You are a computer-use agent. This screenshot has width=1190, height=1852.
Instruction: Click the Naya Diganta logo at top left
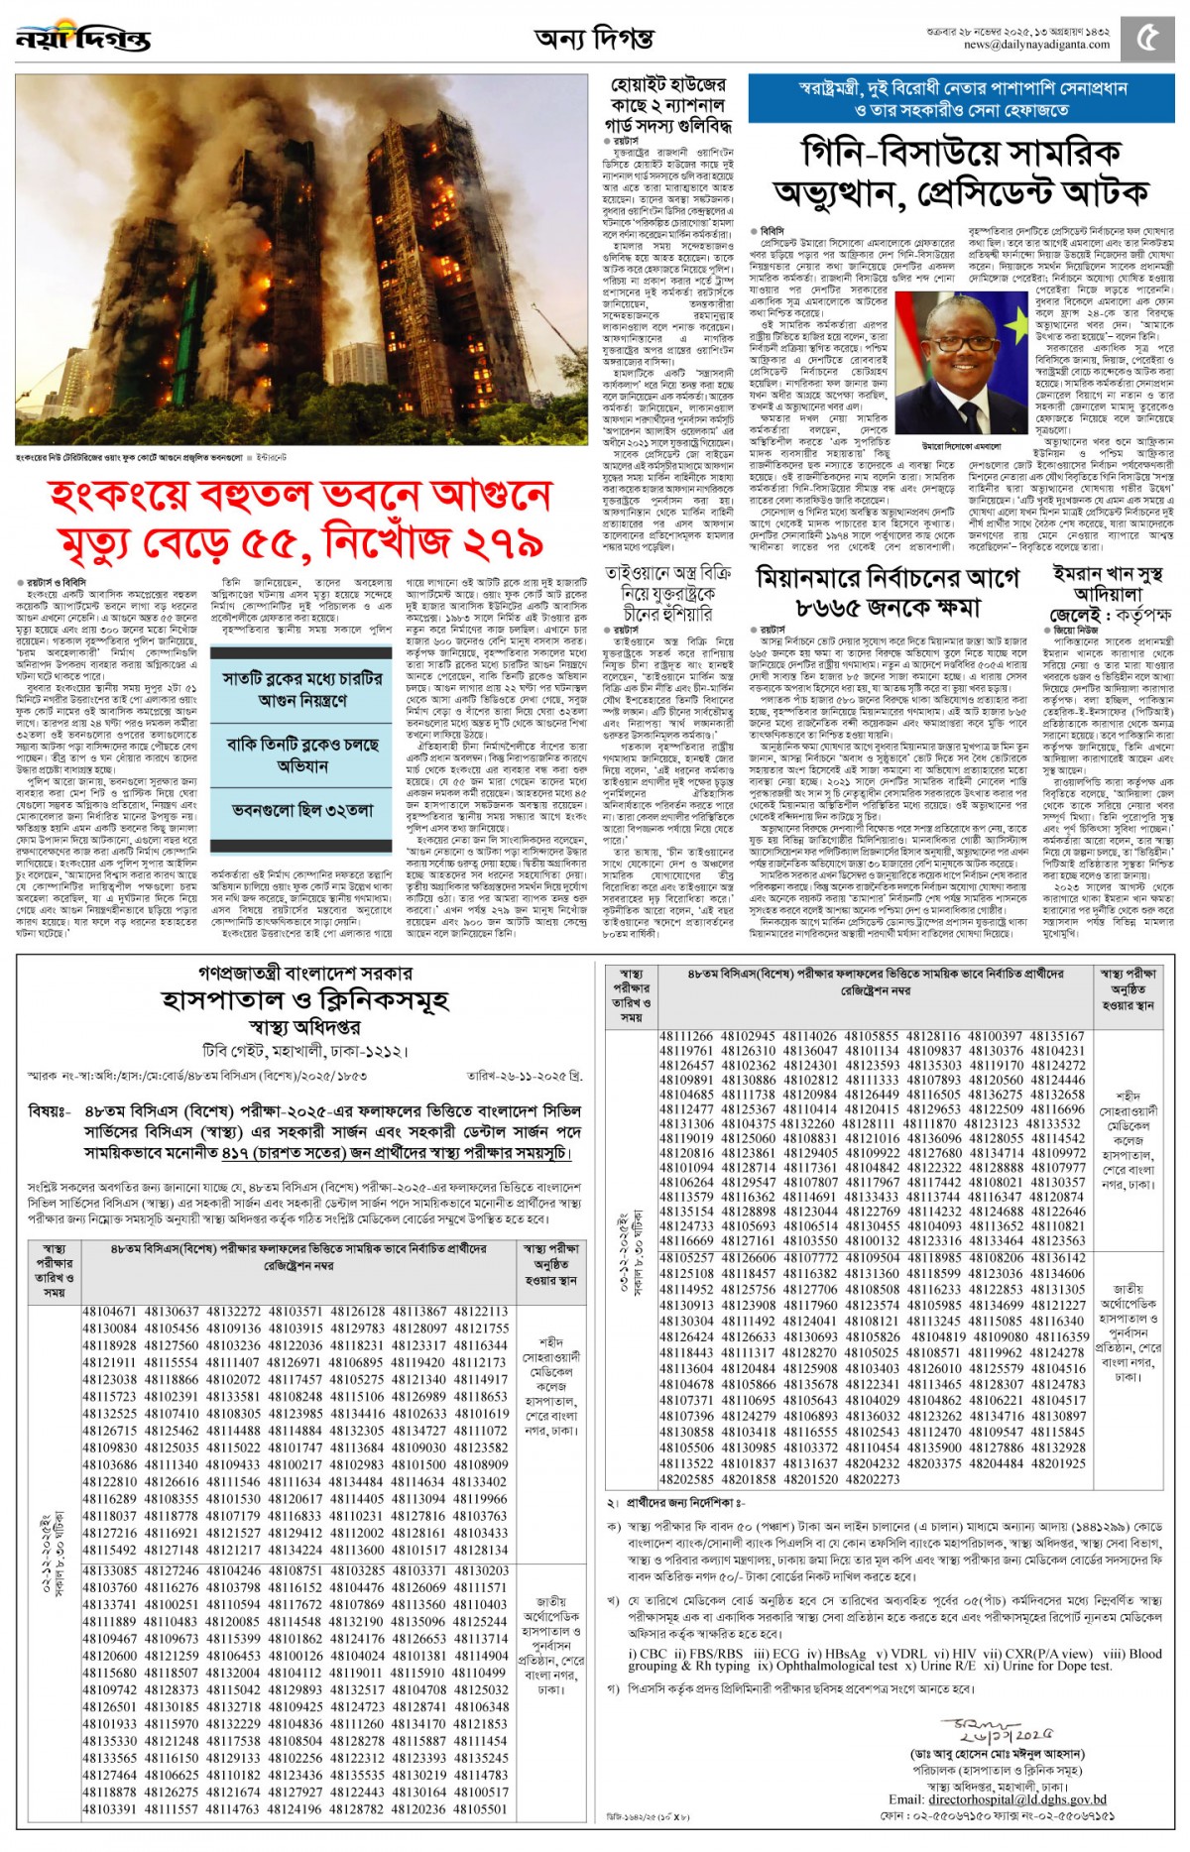tap(83, 38)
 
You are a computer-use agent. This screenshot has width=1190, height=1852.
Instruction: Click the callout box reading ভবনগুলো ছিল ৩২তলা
tap(303, 810)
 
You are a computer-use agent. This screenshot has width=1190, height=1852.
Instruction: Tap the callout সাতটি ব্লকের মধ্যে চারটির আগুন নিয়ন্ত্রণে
tap(302, 689)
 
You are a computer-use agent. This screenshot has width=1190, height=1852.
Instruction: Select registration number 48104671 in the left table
tap(112, 1312)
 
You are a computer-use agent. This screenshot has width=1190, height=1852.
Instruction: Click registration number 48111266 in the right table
tap(686, 1036)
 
